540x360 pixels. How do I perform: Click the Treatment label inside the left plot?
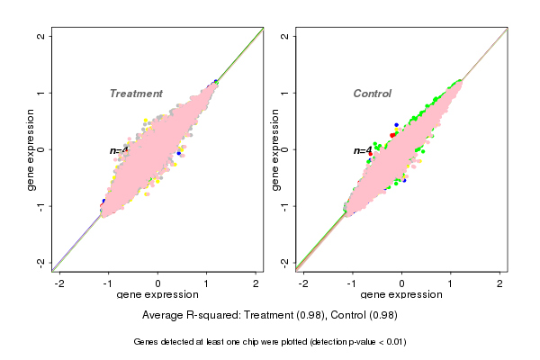(136, 94)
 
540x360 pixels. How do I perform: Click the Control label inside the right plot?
(372, 94)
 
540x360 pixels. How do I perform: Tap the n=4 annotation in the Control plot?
(363, 151)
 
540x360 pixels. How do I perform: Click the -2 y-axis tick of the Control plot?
(285, 263)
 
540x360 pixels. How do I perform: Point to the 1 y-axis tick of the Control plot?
(285, 93)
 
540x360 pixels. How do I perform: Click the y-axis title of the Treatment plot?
(31, 149)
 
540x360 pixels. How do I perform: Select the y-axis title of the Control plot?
(275, 149)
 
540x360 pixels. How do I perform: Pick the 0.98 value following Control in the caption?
(384, 315)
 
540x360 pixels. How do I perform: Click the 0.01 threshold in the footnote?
(396, 342)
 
